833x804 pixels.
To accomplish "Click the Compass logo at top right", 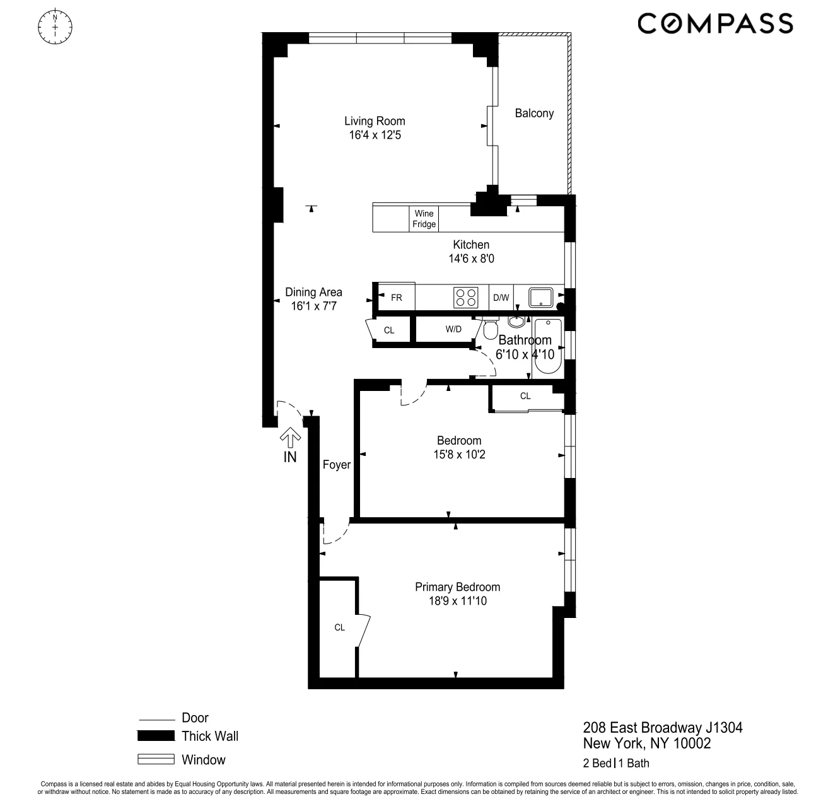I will pyautogui.click(x=715, y=24).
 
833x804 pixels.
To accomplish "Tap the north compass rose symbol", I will pyautogui.click(x=55, y=26).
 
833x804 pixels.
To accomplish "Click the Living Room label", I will pyautogui.click(x=375, y=121).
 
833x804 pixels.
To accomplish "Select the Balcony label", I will pyautogui.click(x=534, y=114).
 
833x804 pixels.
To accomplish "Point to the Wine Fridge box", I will pyautogui.click(x=424, y=219).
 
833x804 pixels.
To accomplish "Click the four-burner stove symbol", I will pyautogui.click(x=466, y=297).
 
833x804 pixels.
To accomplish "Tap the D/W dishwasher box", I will pyautogui.click(x=501, y=298).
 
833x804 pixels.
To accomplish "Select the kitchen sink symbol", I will pyautogui.click(x=540, y=297).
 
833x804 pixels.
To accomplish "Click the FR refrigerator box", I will pyautogui.click(x=396, y=298).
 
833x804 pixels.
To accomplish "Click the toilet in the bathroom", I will pyautogui.click(x=491, y=330).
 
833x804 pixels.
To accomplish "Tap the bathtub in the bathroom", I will pyautogui.click(x=545, y=347).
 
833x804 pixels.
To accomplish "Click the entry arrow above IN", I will pyautogui.click(x=290, y=437).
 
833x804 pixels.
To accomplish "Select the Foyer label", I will pyautogui.click(x=336, y=465).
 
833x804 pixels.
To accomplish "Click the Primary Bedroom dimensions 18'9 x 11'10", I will pyautogui.click(x=457, y=602).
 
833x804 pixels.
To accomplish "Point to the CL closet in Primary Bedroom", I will pyautogui.click(x=339, y=627).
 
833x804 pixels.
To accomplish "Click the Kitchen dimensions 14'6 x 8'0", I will pyautogui.click(x=471, y=259).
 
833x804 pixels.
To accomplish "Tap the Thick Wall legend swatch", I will pyautogui.click(x=156, y=736).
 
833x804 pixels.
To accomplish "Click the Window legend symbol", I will pyautogui.click(x=156, y=759).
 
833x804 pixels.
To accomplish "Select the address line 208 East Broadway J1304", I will pyautogui.click(x=663, y=728).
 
